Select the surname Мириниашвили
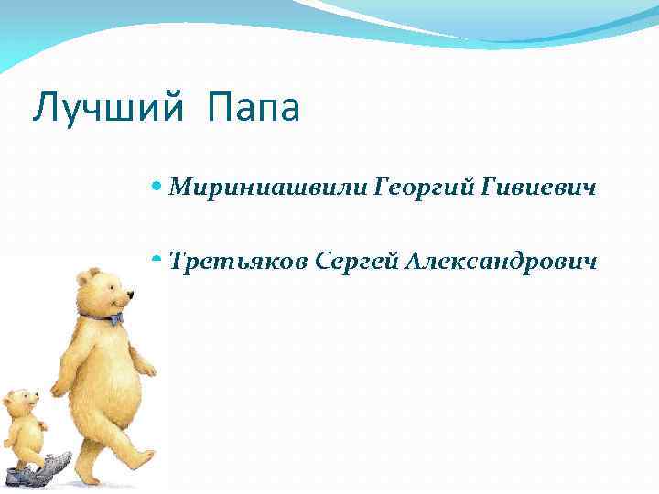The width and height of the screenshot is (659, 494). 269,188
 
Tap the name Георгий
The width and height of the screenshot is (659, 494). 425,188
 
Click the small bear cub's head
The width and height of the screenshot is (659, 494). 20,402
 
